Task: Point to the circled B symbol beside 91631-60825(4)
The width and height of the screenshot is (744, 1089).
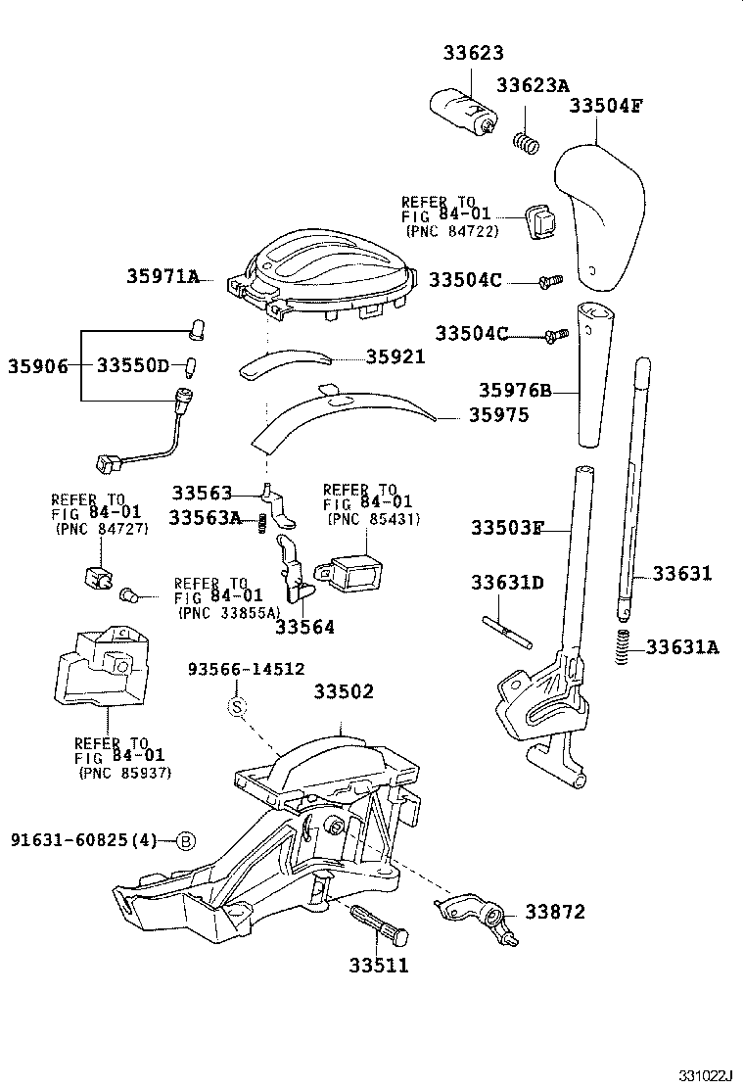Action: click(185, 840)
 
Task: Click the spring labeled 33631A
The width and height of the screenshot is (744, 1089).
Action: click(621, 648)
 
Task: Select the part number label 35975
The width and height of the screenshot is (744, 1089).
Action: click(497, 415)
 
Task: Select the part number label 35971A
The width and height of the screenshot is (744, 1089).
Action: click(162, 277)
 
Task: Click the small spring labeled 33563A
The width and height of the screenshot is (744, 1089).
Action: click(262, 525)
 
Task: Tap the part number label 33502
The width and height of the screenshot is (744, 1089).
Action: click(344, 691)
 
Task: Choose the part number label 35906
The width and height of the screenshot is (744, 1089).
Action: click(38, 366)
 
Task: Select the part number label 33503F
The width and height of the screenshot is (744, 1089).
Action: click(506, 528)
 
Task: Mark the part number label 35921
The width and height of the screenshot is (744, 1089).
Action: click(395, 357)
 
